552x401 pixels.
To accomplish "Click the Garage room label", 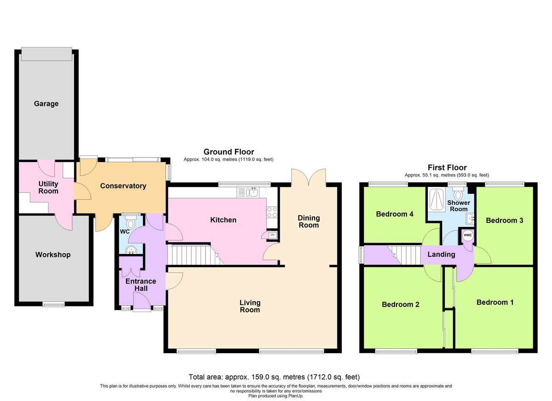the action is coord(46,104).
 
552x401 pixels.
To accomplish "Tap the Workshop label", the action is coord(53,254).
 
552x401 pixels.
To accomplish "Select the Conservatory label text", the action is coord(123,186).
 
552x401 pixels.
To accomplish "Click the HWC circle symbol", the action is coord(467,235).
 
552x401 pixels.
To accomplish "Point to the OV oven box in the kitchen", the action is coord(272,235).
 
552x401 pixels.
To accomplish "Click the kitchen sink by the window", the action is coord(248,192).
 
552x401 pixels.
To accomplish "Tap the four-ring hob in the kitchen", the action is coord(272,212).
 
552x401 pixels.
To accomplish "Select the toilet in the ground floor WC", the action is coord(130,222).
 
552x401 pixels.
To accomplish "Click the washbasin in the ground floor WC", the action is coord(131,250).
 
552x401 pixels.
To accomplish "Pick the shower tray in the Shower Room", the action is coord(437,199).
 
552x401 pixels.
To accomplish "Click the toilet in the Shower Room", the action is coord(458,194).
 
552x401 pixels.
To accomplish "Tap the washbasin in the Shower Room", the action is coord(470,219).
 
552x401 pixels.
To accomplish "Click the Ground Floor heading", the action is coord(229,152).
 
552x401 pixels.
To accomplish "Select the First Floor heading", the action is coord(447,168).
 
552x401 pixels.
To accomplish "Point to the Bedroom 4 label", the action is coord(395,214).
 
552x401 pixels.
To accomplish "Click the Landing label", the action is coord(441,254).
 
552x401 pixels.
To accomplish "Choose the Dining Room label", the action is coord(309,221).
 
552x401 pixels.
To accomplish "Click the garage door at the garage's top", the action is coord(46,54).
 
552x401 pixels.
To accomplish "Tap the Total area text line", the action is coord(274,377).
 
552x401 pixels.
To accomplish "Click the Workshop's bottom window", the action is coord(53,305).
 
